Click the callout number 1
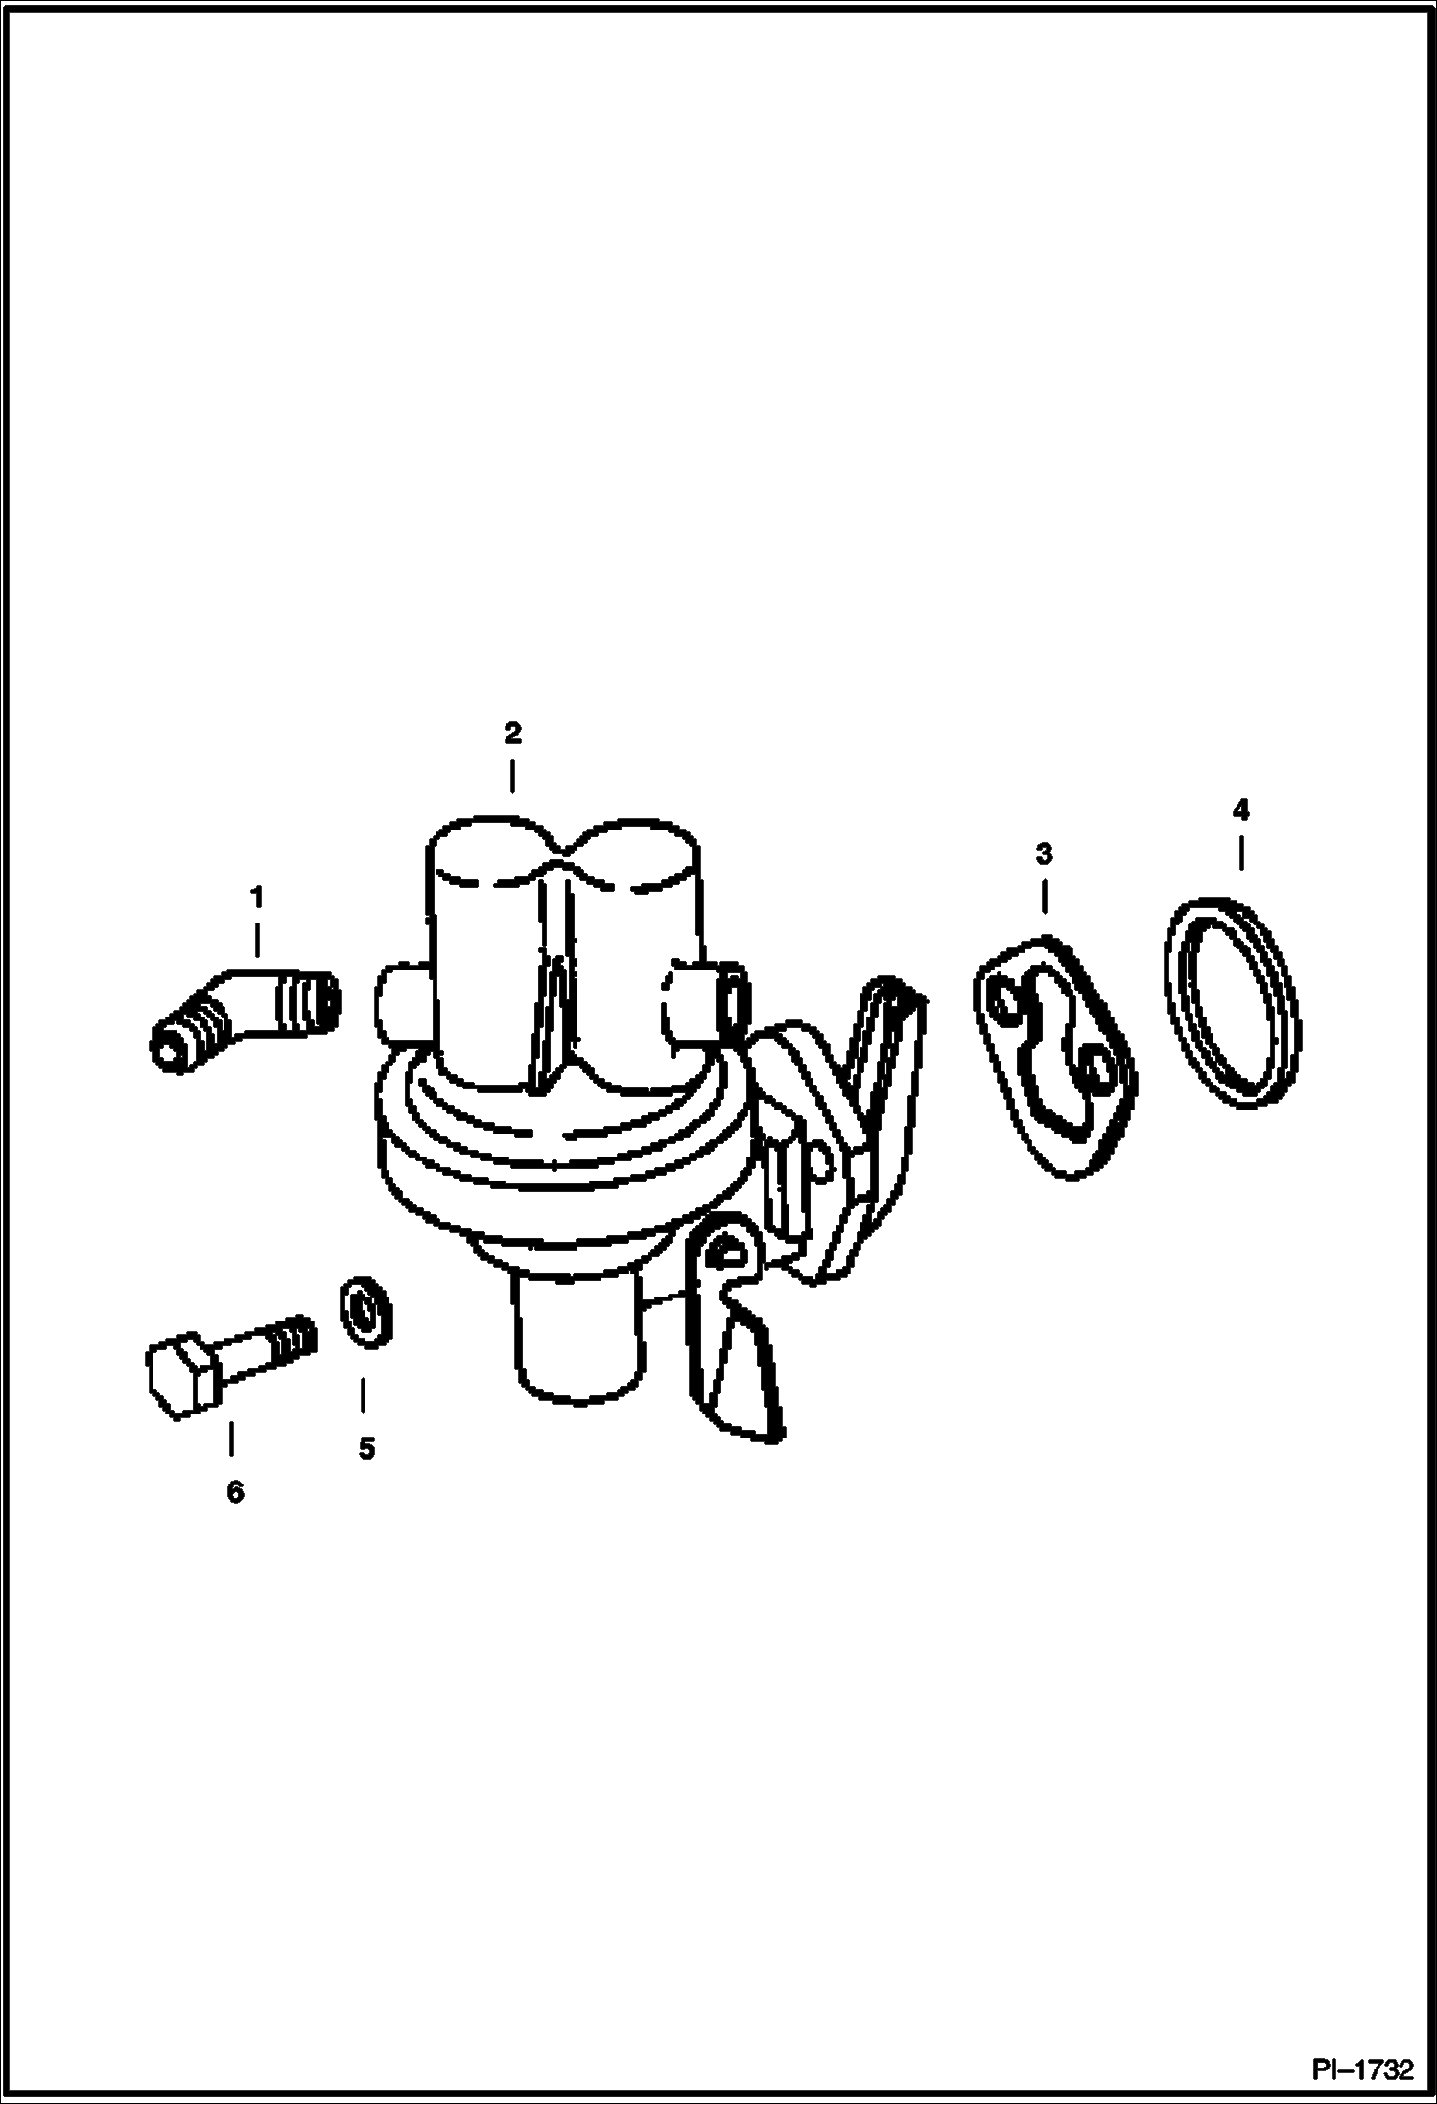point(256,899)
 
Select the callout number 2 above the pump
point(512,735)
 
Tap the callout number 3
point(1044,853)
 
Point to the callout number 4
point(1240,811)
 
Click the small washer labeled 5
point(365,1310)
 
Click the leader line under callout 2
point(512,776)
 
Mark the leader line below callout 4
point(1241,853)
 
